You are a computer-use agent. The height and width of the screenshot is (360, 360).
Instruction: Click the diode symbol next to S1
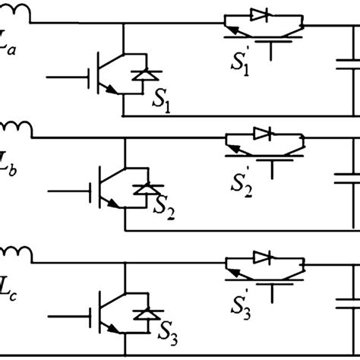[x=141, y=76]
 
